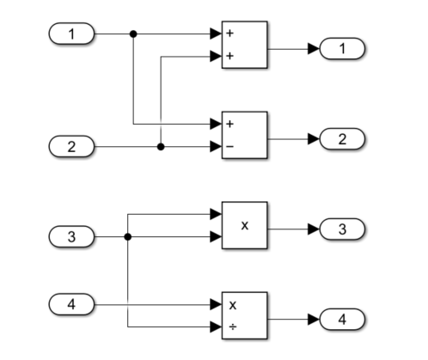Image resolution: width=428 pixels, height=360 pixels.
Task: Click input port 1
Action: click(71, 34)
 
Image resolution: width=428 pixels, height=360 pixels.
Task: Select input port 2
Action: click(71, 147)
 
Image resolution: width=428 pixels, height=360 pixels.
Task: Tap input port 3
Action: click(71, 236)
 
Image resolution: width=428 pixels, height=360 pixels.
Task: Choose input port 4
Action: click(71, 304)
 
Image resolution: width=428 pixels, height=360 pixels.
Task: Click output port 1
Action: click(342, 49)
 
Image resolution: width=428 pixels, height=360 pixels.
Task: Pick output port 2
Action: click(342, 137)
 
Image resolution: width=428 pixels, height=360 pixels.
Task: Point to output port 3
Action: click(342, 229)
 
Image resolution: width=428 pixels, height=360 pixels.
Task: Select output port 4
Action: click(342, 319)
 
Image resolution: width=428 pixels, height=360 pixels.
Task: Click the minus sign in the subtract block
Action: click(230, 147)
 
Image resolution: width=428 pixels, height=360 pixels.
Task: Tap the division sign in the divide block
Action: click(230, 326)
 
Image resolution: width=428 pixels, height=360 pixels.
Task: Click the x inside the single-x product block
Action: click(245, 226)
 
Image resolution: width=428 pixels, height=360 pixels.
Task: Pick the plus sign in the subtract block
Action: click(230, 125)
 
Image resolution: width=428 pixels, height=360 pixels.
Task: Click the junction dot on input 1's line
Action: click(132, 34)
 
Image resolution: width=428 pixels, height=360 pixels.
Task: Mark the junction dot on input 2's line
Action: click(161, 147)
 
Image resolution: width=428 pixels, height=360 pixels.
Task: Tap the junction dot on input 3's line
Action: click(128, 236)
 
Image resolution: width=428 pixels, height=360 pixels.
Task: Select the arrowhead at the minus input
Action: click(216, 147)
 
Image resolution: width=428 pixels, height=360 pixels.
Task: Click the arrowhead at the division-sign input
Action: click(216, 326)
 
